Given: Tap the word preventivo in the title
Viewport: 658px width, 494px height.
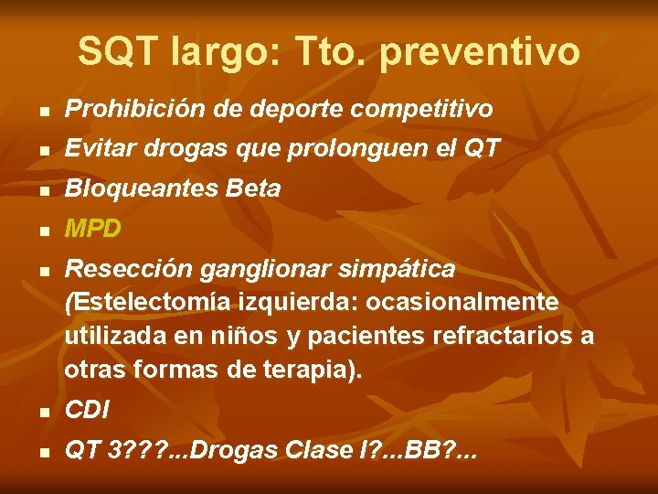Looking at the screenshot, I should pyautogui.click(x=478, y=53).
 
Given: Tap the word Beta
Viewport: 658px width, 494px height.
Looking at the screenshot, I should pyautogui.click(x=249, y=189).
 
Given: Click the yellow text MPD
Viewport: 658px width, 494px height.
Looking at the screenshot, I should pyautogui.click(x=92, y=229).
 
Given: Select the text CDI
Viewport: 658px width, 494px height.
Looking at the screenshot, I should pyautogui.click(x=87, y=411).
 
